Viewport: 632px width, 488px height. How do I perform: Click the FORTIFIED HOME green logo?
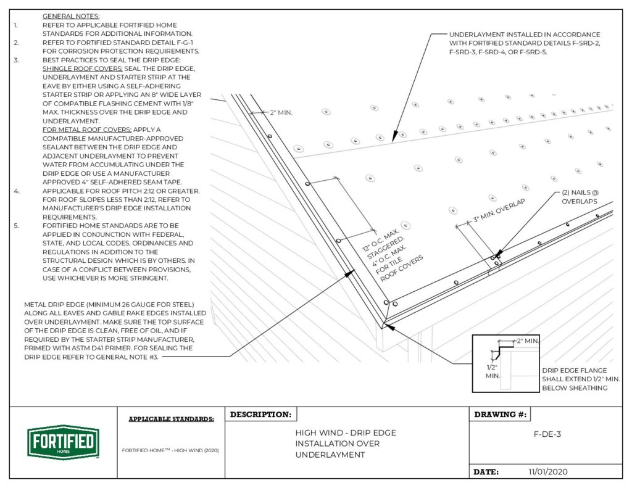point(63,442)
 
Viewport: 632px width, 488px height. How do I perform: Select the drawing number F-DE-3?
point(547,434)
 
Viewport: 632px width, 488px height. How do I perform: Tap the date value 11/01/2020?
point(547,472)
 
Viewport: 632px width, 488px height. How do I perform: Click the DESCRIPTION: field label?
point(260,415)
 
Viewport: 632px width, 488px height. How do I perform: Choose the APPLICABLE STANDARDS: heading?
point(171,420)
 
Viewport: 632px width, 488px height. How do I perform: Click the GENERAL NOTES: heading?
point(71,15)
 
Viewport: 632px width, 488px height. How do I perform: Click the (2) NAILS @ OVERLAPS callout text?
point(579,197)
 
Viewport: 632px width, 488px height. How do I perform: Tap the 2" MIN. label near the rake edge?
point(281,113)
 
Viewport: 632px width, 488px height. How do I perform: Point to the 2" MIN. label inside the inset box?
point(528,341)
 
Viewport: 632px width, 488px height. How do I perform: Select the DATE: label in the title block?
point(486,472)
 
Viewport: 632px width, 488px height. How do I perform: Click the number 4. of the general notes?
point(16,191)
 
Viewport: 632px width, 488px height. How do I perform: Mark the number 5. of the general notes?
point(16,226)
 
